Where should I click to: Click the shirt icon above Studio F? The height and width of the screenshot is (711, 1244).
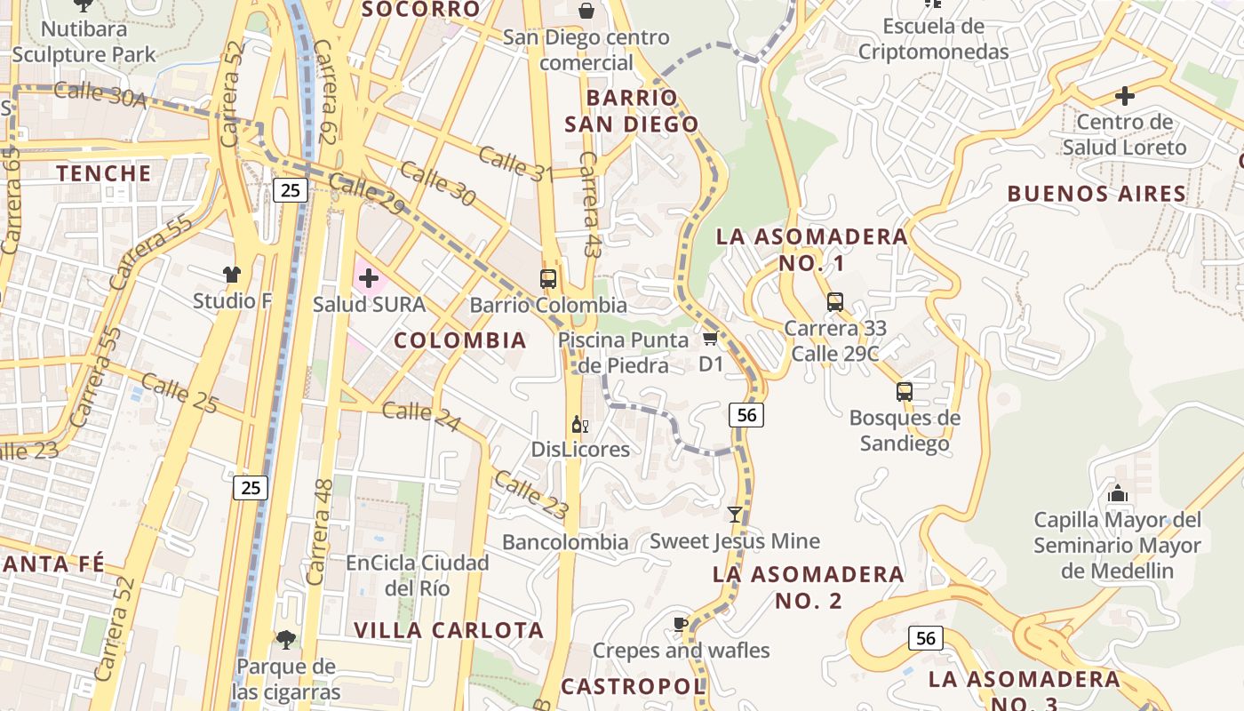[x=232, y=275]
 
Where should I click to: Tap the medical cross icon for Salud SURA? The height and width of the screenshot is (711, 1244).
[x=368, y=278]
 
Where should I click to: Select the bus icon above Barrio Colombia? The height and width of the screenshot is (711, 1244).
[x=548, y=278]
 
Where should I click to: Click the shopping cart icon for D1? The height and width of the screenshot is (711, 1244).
[x=710, y=339]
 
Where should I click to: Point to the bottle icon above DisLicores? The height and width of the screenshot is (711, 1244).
[x=579, y=425]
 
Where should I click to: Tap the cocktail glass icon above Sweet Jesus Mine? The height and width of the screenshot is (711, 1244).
[x=734, y=515]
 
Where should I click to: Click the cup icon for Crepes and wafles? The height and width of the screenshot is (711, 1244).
[x=681, y=624]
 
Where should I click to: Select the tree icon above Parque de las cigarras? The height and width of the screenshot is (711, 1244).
[x=285, y=639]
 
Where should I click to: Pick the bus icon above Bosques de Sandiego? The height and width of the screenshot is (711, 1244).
[x=905, y=391]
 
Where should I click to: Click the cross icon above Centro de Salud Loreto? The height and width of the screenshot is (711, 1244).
[x=1125, y=95]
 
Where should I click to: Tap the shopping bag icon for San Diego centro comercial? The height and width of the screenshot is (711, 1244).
[x=586, y=11]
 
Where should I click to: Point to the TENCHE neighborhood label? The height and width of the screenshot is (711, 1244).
[x=104, y=173]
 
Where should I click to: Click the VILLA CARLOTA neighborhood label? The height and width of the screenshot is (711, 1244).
[x=449, y=630]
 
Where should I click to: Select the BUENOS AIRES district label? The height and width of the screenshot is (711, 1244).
[x=1097, y=194]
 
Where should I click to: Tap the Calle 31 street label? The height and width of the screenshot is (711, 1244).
[x=516, y=164]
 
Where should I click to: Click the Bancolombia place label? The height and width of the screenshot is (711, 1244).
[x=565, y=542]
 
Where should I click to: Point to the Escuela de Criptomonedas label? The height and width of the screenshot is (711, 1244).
[x=933, y=39]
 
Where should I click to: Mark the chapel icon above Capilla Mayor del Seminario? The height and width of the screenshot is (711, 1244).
[x=1118, y=493]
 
